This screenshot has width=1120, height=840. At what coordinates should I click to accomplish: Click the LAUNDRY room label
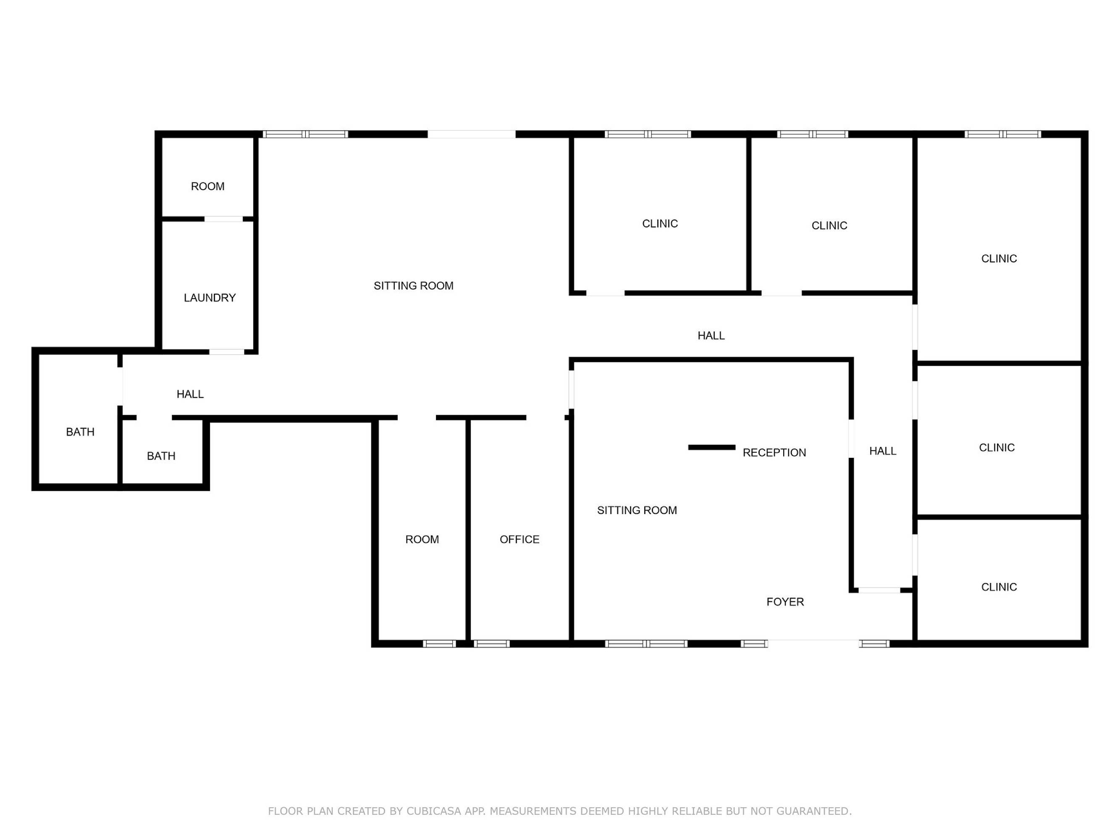click(210, 298)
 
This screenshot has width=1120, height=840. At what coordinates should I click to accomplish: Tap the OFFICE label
click(519, 539)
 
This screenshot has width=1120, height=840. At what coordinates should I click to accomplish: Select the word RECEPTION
click(774, 453)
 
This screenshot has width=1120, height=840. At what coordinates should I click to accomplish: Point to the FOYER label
click(785, 601)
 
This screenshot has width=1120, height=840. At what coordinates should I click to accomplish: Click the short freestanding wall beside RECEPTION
click(711, 447)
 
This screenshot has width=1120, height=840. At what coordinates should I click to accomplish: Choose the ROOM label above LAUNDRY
click(207, 186)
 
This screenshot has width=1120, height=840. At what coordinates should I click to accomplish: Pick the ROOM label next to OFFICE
click(422, 539)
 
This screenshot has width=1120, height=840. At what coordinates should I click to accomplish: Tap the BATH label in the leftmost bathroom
click(80, 432)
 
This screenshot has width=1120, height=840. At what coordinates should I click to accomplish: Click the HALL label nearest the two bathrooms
click(190, 394)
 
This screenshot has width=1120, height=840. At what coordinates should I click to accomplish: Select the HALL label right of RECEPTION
click(883, 451)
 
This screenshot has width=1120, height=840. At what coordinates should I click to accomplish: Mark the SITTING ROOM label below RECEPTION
click(637, 510)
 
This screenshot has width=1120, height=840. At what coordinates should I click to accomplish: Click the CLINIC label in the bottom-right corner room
click(999, 587)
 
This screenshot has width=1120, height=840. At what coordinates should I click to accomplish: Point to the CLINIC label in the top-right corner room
click(999, 259)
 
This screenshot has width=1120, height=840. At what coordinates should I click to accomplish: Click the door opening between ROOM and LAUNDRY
click(223, 219)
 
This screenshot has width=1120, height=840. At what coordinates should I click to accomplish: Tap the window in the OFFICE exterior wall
click(492, 643)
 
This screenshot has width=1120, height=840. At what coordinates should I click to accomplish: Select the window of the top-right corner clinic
click(1002, 134)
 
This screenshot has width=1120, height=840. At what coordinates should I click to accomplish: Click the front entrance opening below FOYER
click(813, 643)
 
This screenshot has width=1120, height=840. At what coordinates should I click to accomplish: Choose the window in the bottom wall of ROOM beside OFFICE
click(439, 643)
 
